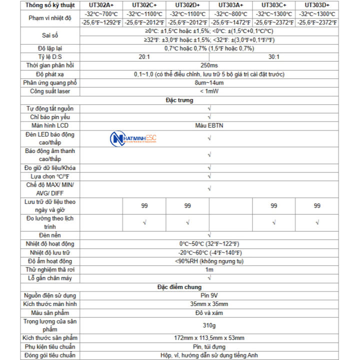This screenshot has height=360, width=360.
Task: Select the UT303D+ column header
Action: pos(316,5)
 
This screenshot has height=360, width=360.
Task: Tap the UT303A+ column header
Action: pos(230,5)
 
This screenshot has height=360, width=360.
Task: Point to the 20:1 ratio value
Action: pos(145,57)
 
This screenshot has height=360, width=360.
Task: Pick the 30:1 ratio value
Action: pos(273,57)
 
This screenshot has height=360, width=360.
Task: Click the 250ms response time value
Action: pos(209,65)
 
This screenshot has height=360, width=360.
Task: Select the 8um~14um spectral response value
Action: pos(209,83)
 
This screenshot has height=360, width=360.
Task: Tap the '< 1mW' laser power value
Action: pos(209,91)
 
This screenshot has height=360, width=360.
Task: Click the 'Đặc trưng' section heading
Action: pos(179,100)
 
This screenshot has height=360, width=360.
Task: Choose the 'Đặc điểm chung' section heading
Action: pos(179,286)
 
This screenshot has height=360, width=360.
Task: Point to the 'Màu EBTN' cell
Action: pos(209,125)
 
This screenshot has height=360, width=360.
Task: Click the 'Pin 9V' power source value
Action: pos(209,295)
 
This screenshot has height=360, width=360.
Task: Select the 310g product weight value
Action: pos(209,325)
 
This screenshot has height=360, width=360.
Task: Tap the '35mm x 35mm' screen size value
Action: pos(209,304)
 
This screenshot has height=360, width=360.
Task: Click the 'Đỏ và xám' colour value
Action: pos(209,312)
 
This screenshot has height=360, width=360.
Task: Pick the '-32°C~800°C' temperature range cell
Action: pos(230,14)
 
